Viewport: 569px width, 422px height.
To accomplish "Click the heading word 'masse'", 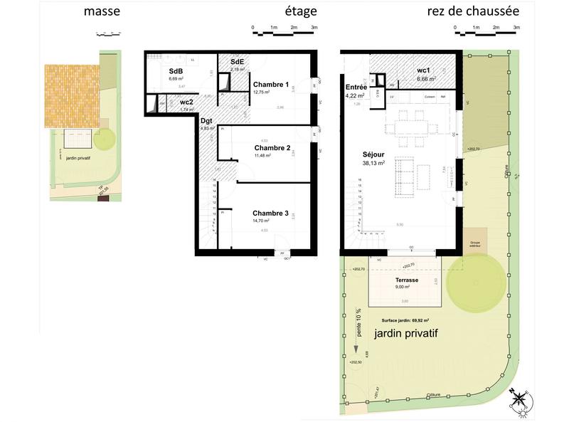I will point(102,11).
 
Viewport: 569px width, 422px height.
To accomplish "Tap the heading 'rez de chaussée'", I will point(472,11).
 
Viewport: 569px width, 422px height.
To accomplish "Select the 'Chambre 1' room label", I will point(271,85).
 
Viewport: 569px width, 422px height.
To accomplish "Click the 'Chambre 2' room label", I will point(272,148).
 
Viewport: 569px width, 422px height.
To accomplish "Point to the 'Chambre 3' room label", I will point(270,213).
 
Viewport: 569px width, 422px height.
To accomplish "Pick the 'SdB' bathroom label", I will point(176,71).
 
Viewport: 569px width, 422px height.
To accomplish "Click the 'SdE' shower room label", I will point(238,63).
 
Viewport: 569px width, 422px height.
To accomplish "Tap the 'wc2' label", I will point(186,102).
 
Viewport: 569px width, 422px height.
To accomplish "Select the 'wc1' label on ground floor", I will point(424,70).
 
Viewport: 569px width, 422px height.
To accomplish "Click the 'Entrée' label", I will point(355,87).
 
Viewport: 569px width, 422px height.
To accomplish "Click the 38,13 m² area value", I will point(373,163).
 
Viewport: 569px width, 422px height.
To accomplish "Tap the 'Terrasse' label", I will point(406,280).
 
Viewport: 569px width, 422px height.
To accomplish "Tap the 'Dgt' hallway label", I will point(206,121).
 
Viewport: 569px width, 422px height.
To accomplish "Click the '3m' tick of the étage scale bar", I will point(314,28).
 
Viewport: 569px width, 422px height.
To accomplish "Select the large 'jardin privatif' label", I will point(405,333).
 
